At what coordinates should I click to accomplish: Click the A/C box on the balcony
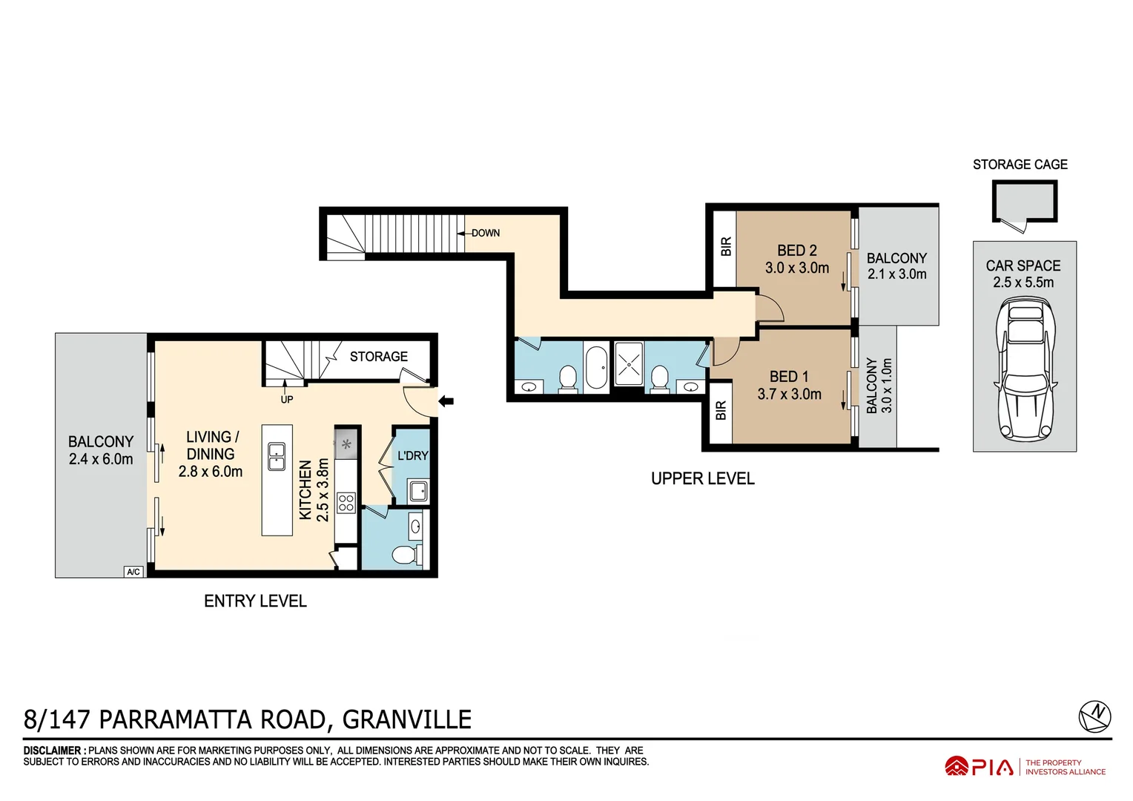click(133, 572)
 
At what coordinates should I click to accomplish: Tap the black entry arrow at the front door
click(446, 402)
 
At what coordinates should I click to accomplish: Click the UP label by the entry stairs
click(287, 400)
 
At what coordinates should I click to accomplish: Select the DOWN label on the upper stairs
click(486, 233)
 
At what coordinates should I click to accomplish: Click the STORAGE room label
click(378, 357)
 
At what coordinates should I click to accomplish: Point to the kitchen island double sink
click(277, 456)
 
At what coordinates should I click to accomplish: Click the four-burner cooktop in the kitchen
click(346, 503)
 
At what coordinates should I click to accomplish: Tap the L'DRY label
click(412, 455)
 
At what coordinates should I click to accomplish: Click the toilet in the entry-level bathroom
click(405, 555)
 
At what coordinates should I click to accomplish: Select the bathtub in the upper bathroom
click(596, 366)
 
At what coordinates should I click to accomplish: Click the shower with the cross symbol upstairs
click(630, 364)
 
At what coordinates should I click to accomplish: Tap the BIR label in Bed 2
click(726, 246)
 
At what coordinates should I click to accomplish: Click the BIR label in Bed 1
click(721, 411)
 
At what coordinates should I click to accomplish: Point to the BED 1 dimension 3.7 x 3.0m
click(789, 395)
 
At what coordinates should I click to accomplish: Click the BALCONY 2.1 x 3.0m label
click(896, 266)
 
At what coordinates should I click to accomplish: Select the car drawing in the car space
click(1025, 368)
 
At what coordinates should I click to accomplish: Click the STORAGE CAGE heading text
click(1020, 165)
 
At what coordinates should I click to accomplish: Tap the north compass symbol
click(1094, 716)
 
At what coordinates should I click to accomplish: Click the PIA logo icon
click(956, 767)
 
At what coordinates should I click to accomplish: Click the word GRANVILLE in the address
click(407, 719)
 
